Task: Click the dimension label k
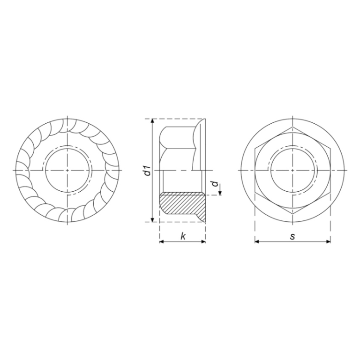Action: point(183,236)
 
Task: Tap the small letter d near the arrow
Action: point(215,184)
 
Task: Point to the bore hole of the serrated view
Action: point(67,170)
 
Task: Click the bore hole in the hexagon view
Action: point(292,170)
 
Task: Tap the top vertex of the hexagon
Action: point(292,127)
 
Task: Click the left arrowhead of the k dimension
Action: point(162,242)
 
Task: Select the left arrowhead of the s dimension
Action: point(257,242)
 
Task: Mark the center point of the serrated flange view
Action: point(67,170)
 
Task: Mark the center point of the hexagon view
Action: point(292,170)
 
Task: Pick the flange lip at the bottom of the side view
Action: point(202,217)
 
